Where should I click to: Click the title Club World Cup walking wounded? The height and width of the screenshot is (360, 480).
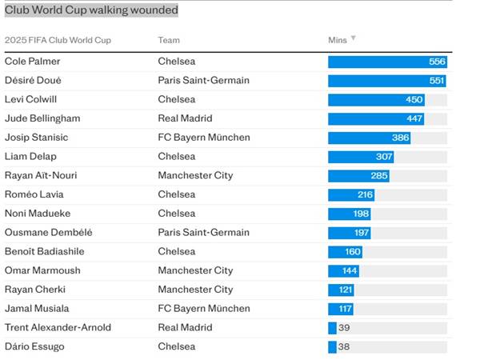pos(91,10)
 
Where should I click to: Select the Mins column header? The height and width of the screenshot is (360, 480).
pos(337,39)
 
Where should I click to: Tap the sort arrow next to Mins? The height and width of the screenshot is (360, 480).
pos(354,38)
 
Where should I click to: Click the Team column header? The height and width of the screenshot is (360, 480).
pos(169,40)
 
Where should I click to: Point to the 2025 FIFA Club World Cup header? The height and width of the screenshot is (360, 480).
pos(58,40)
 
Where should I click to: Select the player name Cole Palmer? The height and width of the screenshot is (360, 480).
pos(32,62)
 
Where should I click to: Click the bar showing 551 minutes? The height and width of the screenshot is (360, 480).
pos(386,81)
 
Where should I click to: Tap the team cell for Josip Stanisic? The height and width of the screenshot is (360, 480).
pos(204,138)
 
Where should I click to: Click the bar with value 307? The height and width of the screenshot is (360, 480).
pos(361,157)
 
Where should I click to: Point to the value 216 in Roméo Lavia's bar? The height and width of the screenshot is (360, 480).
pos(365,194)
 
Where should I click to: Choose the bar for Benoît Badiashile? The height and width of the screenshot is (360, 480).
pos(345,251)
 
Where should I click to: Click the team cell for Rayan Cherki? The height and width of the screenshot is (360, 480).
pos(195,290)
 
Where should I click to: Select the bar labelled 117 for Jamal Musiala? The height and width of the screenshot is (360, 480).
pos(341,309)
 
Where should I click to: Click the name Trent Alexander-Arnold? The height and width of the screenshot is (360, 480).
pos(58,327)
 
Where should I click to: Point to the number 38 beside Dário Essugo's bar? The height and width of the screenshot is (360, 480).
pos(344,346)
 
